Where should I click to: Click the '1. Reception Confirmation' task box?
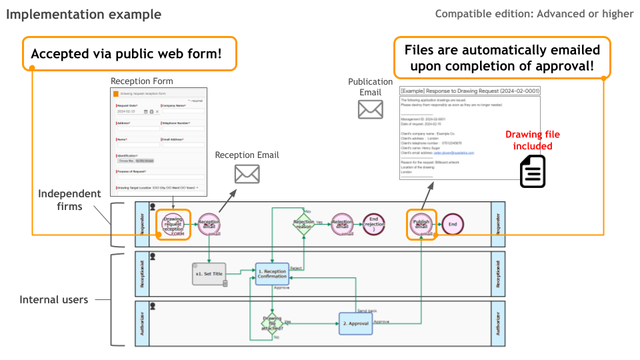[271, 274]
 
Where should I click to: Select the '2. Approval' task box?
[355, 323]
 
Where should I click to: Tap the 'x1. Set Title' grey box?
[209, 273]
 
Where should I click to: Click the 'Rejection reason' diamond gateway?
[303, 225]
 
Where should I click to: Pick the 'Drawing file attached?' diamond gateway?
[273, 323]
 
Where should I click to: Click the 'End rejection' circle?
[374, 225]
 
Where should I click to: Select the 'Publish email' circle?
[421, 225]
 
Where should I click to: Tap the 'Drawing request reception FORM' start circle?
[173, 225]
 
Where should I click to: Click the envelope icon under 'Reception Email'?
[247, 174]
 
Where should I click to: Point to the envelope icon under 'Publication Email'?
[370, 109]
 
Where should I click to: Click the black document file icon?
[533, 171]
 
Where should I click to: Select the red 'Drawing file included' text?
[528, 141]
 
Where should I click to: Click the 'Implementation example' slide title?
[83, 14]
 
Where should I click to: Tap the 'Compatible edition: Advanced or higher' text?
[534, 14]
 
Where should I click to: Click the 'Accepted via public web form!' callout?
[130, 54]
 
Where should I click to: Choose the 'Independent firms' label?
[69, 200]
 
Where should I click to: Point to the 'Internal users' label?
[53, 300]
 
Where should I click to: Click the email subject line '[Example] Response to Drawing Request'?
[469, 91]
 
